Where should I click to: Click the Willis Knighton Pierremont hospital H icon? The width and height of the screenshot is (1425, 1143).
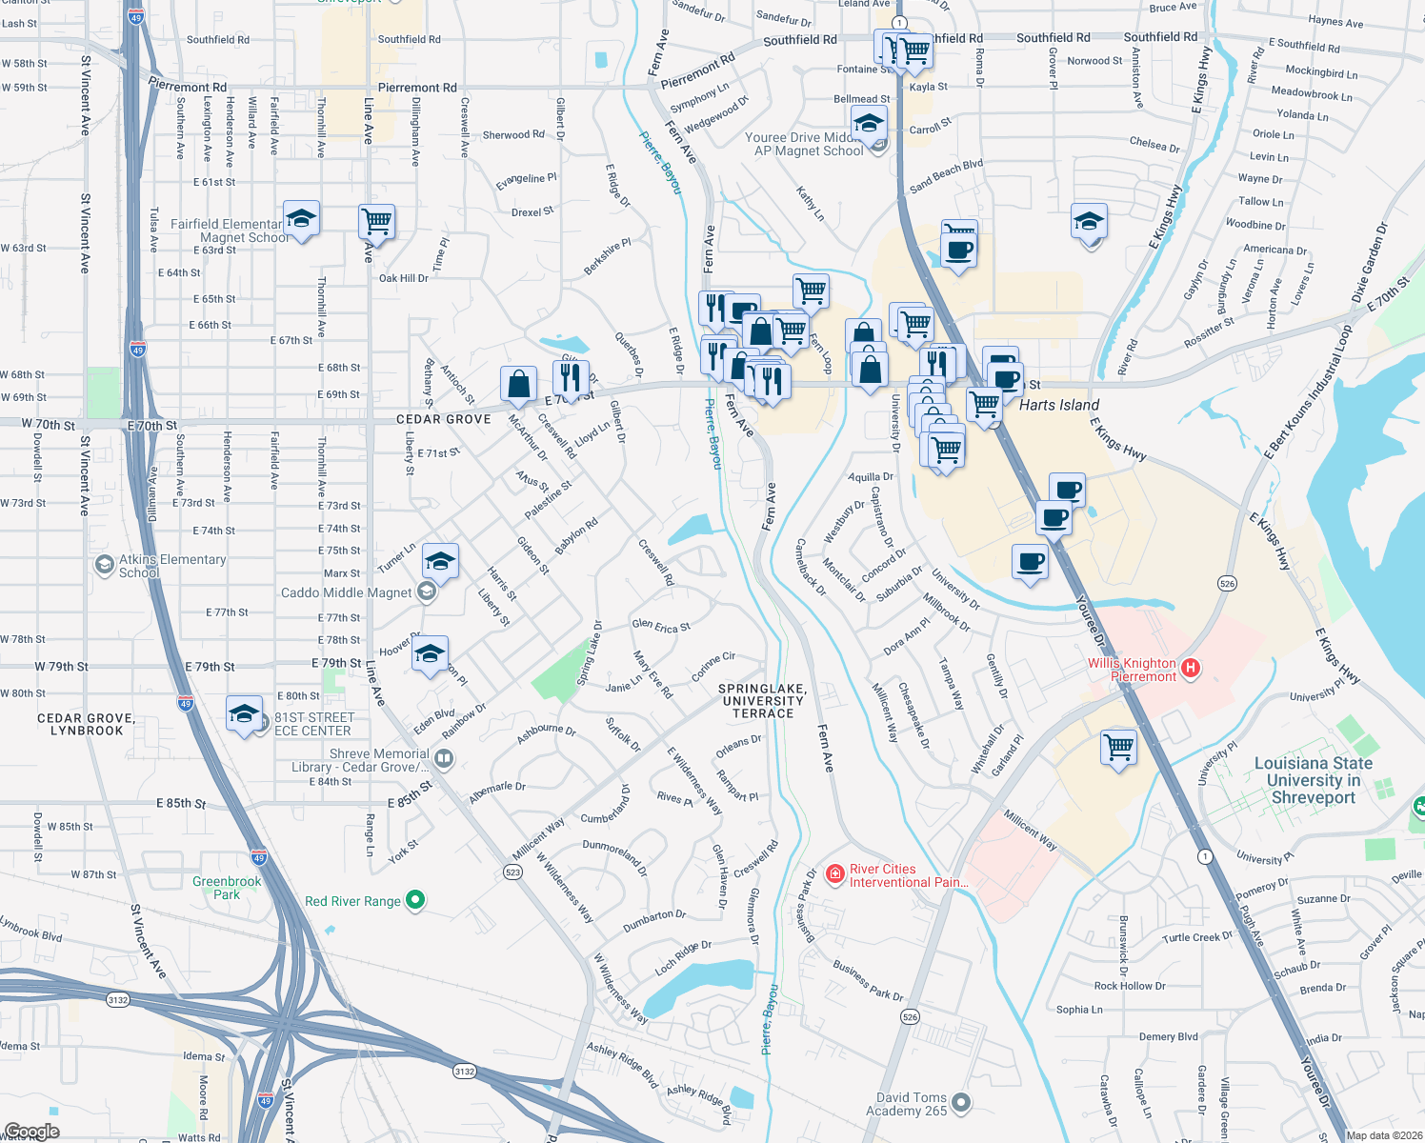click(1190, 669)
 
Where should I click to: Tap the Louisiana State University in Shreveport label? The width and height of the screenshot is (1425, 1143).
click(1313, 780)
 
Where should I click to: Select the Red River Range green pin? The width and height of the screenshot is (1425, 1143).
click(414, 899)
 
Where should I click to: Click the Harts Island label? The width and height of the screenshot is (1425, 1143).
click(1058, 405)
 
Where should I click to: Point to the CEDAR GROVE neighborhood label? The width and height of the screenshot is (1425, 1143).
click(444, 419)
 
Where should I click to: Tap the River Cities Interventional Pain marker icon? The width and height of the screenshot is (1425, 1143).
click(835, 873)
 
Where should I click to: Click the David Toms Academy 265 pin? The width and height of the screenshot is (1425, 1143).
click(961, 1103)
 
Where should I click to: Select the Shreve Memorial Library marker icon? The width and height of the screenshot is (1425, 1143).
click(443, 758)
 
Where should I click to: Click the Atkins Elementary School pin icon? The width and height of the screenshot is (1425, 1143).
click(104, 566)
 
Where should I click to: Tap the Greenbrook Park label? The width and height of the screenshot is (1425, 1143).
click(227, 888)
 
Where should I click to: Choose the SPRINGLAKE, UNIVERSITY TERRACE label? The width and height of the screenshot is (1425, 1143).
click(762, 701)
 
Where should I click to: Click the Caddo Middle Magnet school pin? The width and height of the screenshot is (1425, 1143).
click(427, 592)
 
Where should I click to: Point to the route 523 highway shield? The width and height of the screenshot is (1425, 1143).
click(513, 872)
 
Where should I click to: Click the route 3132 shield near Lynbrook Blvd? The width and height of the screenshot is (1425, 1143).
click(118, 999)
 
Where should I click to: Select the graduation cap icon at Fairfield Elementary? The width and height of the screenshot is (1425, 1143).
click(301, 220)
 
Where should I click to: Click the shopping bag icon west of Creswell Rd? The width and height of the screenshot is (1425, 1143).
click(518, 384)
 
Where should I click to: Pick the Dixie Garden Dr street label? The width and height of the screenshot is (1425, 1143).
click(1370, 263)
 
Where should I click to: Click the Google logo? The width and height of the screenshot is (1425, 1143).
click(31, 1131)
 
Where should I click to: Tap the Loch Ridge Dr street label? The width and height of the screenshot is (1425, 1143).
click(683, 957)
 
